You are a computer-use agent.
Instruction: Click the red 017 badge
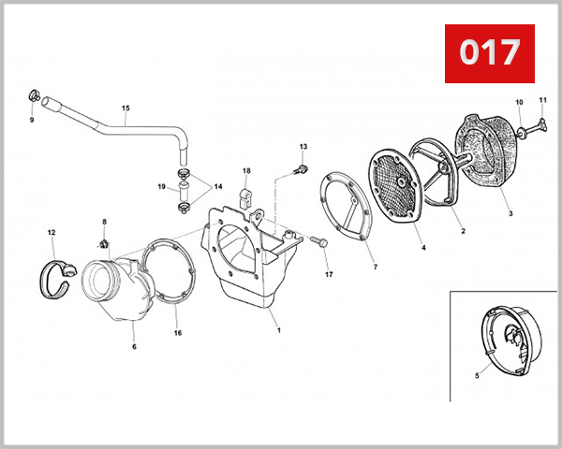[x=490, y=53]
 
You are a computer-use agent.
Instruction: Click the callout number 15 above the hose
[x=126, y=108]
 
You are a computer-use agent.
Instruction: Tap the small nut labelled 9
[x=34, y=96]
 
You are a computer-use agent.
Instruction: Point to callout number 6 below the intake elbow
[x=134, y=347]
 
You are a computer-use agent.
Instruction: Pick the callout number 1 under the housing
[x=279, y=330]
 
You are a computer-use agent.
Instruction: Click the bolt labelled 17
[x=318, y=241]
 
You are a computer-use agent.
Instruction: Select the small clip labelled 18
[x=245, y=198]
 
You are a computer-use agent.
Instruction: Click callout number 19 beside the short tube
[x=162, y=186]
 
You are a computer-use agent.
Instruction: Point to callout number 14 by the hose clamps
[x=218, y=186]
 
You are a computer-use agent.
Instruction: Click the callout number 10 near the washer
[x=519, y=102]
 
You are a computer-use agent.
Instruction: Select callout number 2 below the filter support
[x=463, y=231]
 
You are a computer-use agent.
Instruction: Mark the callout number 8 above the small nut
[x=104, y=222]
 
